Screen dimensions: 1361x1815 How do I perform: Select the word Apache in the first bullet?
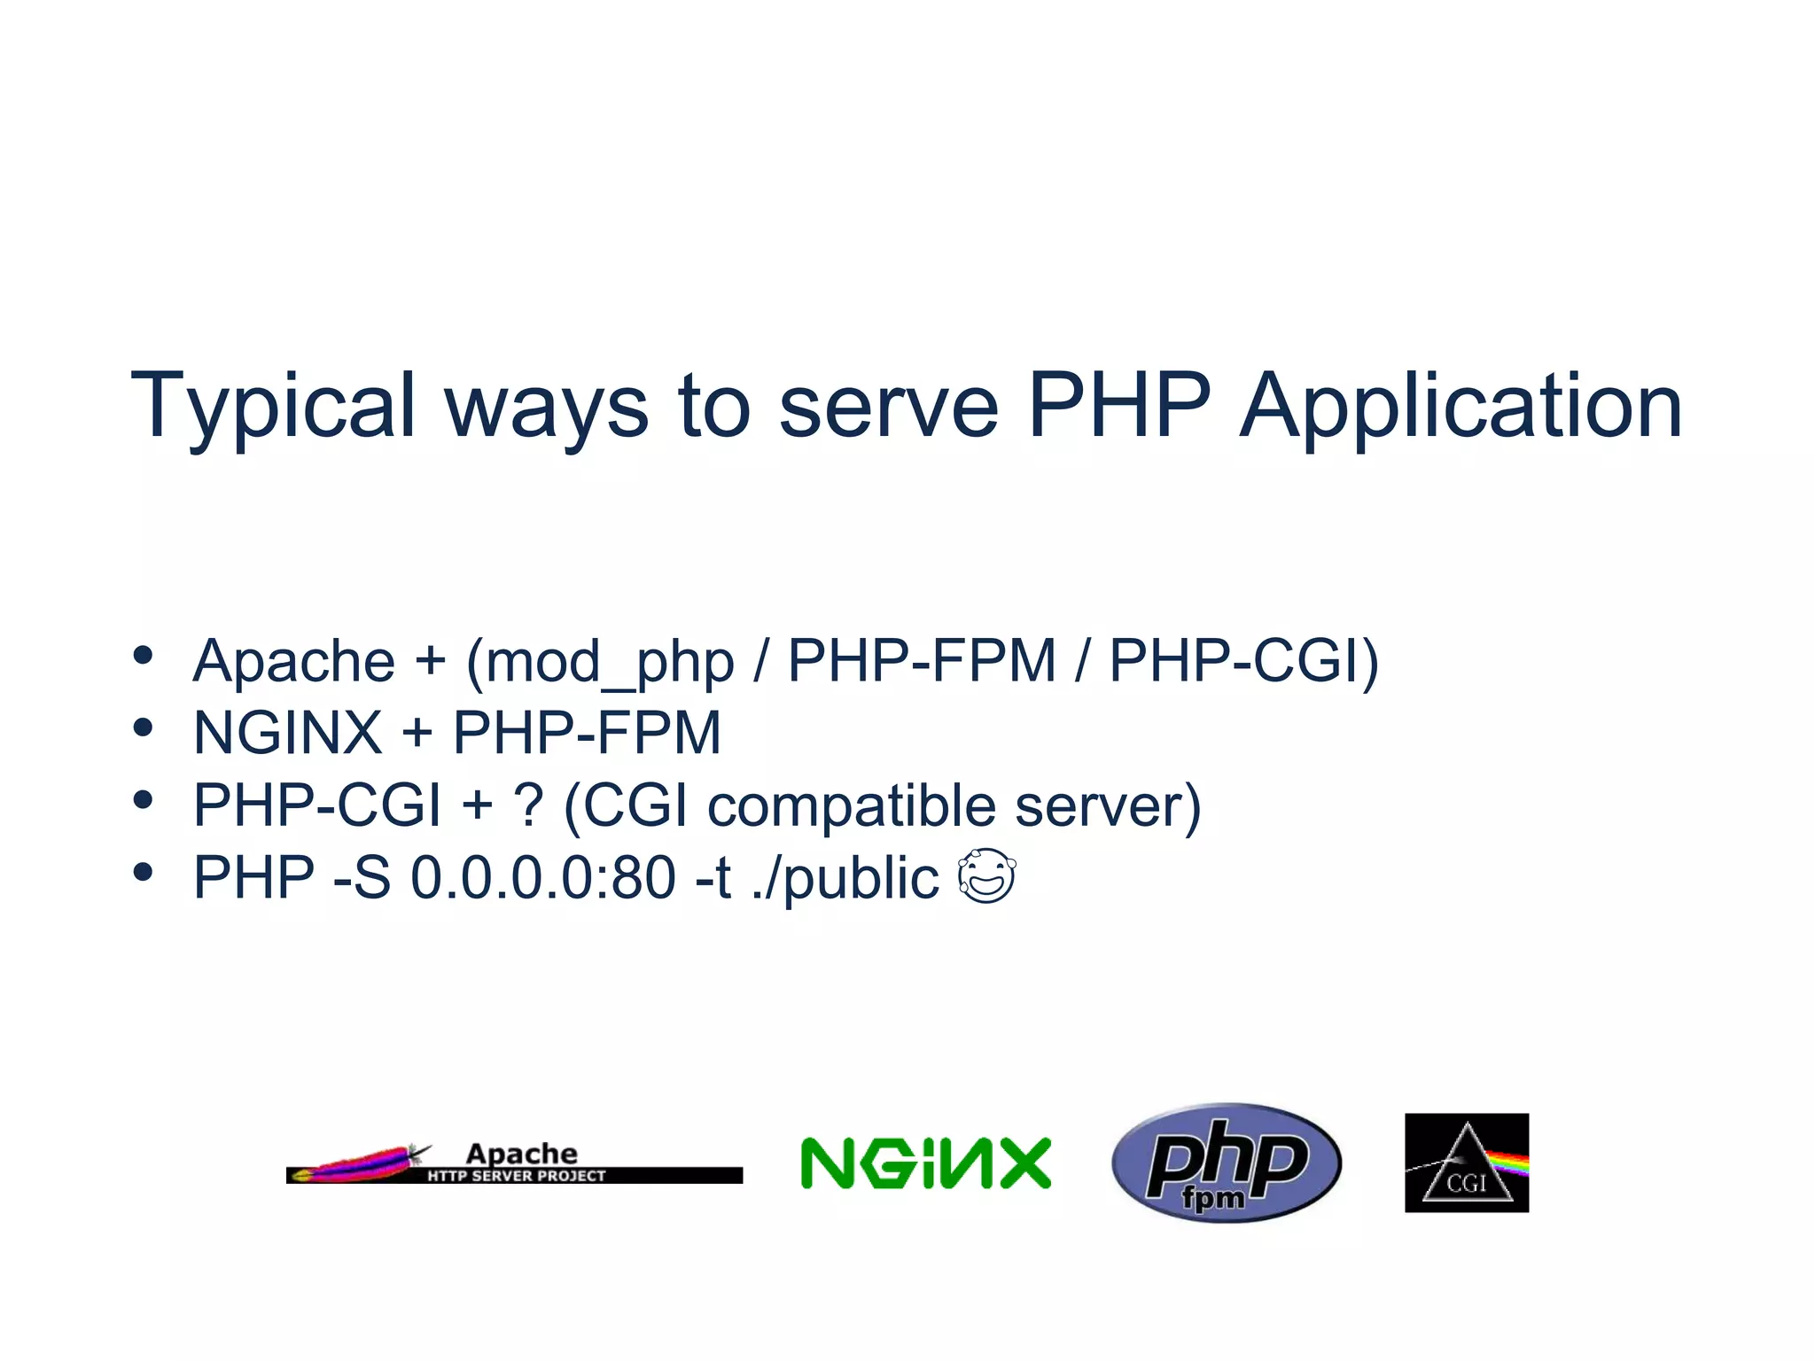[x=293, y=662]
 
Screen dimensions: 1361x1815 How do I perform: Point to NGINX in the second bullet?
[x=287, y=734]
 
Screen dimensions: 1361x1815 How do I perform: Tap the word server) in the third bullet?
[x=1108, y=806]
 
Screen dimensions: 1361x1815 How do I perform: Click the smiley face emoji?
[x=986, y=876]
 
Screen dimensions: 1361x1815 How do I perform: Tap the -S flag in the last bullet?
[x=362, y=878]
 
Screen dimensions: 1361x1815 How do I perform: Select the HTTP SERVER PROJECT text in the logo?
[x=517, y=1176]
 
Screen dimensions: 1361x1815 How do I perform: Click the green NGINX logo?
[x=925, y=1163]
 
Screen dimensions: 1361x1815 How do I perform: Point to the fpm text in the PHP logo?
[x=1212, y=1198]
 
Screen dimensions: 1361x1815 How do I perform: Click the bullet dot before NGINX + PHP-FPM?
[x=143, y=727]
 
